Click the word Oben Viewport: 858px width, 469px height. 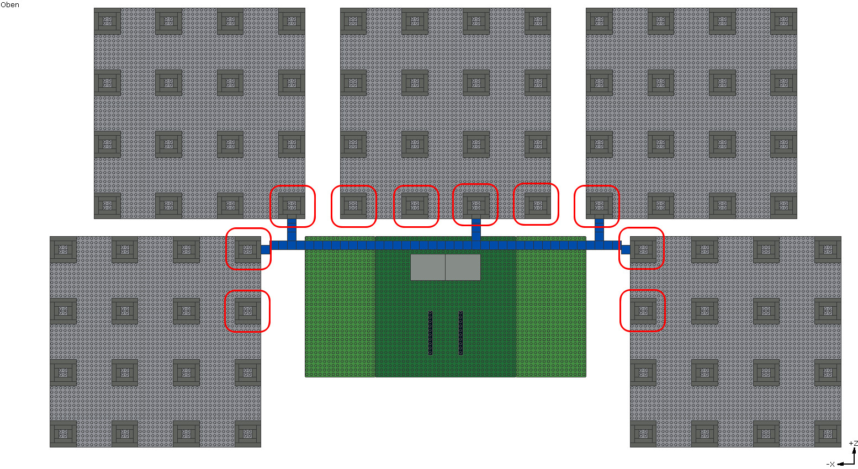tap(9, 4)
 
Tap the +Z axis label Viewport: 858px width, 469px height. tap(854, 444)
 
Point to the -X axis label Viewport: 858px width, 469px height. tap(830, 465)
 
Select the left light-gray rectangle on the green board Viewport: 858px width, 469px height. tap(427, 267)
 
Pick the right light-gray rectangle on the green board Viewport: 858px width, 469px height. tap(463, 267)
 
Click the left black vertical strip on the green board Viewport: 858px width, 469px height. tap(430, 333)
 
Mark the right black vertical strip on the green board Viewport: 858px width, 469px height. tap(460, 333)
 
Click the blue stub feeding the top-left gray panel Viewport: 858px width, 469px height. tap(292, 230)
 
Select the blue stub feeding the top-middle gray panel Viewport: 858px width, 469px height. tap(476, 230)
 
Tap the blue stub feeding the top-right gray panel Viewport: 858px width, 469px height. tap(599, 230)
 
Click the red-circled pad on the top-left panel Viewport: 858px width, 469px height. tap(292, 206)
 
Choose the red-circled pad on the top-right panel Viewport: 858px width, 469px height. tap(599, 206)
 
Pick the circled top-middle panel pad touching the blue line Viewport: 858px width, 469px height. tap(476, 206)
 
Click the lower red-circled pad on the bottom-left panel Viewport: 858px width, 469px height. tap(247, 311)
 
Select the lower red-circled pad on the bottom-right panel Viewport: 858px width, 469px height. tap(644, 311)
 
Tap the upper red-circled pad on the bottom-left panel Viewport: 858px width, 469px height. tap(247, 249)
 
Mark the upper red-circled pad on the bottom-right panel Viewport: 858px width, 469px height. tap(644, 249)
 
